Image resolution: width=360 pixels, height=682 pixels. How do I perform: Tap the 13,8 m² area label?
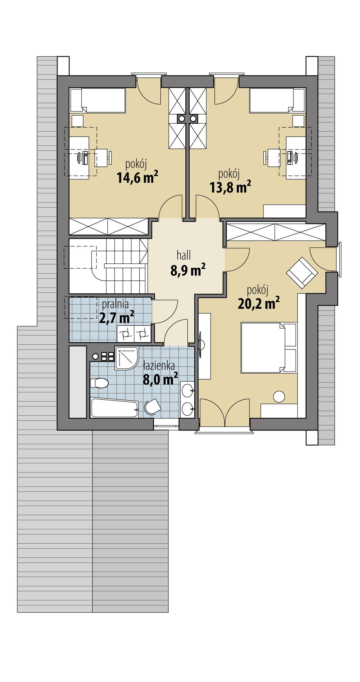(x=230, y=187)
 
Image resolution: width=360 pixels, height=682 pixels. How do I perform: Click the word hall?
(x=184, y=256)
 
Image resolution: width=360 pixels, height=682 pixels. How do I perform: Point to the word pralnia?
(x=115, y=304)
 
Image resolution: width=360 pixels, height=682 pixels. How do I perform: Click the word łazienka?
(x=159, y=366)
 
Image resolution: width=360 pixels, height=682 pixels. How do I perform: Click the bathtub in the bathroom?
(x=114, y=408)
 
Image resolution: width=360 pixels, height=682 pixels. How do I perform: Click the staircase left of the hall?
(x=125, y=266)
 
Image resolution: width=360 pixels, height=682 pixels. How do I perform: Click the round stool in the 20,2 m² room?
(x=279, y=397)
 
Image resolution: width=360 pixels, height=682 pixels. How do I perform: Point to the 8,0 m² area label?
(x=160, y=379)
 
